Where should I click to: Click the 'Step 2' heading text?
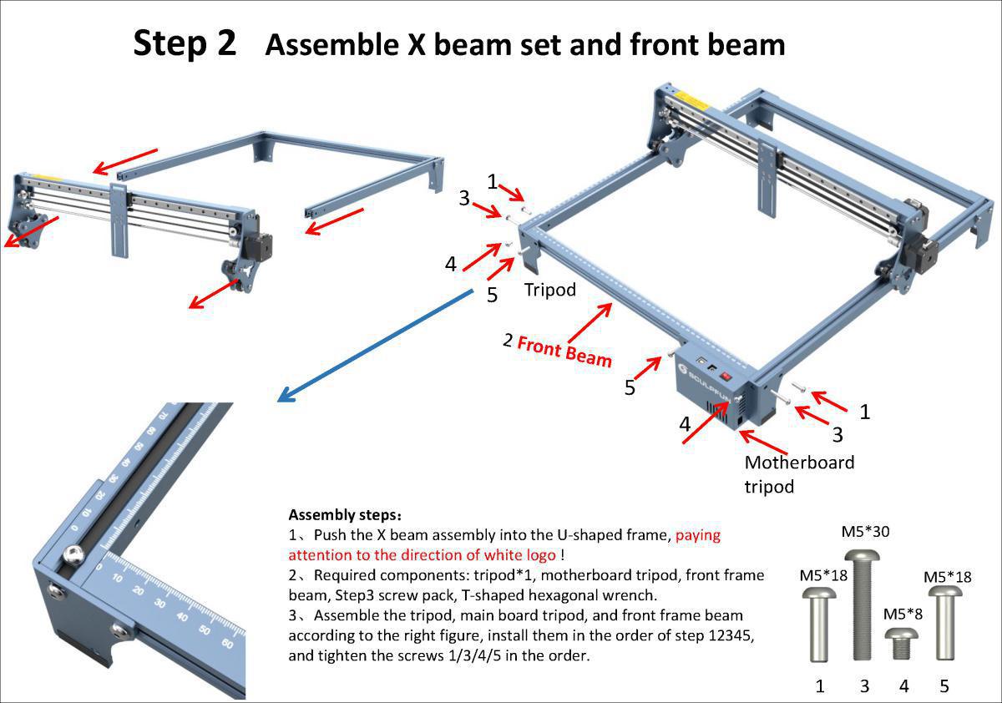[185, 43]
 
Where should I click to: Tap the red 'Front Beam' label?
[564, 350]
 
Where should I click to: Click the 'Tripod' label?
[550, 290]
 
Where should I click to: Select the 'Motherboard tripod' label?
[799, 473]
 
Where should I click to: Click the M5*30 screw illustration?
[864, 605]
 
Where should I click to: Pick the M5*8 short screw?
[903, 643]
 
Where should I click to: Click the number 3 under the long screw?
[864, 686]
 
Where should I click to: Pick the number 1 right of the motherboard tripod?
[864, 411]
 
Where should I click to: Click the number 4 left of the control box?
[685, 423]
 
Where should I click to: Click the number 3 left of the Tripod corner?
[464, 198]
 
